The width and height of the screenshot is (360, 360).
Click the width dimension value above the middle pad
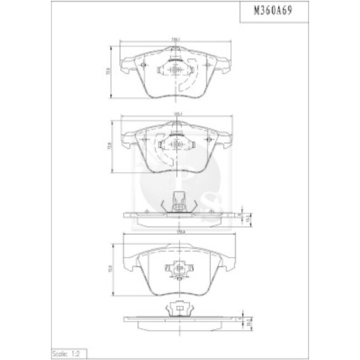(177, 114)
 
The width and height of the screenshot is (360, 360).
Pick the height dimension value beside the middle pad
(109, 146)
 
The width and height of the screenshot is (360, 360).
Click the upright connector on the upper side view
(178, 200)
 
